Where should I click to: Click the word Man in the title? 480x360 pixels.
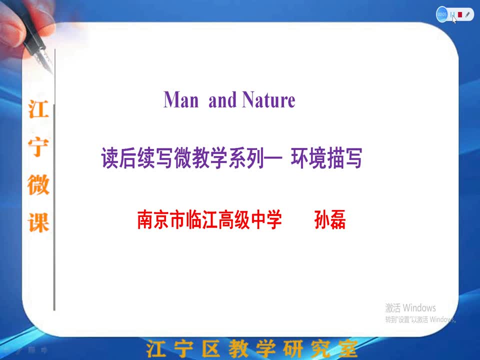click(181, 100)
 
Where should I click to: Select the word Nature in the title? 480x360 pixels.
click(269, 100)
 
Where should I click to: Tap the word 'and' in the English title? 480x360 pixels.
click(222, 100)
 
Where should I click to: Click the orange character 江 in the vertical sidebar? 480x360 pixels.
click(38, 109)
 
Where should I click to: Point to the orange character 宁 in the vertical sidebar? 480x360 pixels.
click(38, 147)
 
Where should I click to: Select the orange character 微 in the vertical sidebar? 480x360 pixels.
click(38, 184)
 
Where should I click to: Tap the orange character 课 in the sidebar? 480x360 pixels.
click(38, 222)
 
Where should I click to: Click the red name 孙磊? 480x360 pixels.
click(330, 219)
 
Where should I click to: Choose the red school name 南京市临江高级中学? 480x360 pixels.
click(209, 219)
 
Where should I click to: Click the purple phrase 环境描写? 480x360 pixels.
click(326, 158)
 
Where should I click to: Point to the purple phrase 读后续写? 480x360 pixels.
click(137, 158)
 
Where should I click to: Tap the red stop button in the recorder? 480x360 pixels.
click(460, 14)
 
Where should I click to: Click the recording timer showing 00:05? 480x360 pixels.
click(441, 14)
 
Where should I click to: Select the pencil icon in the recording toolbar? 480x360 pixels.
click(467, 14)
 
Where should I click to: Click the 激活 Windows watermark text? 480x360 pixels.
click(410, 307)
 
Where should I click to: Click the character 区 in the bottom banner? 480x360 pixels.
click(211, 348)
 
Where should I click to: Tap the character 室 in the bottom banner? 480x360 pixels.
click(348, 348)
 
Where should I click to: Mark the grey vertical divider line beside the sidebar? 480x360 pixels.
click(54, 180)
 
